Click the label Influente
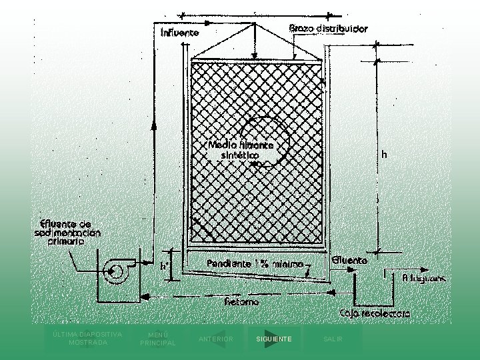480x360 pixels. click(x=180, y=32)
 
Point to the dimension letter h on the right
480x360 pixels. click(x=384, y=154)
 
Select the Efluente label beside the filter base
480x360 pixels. click(x=349, y=261)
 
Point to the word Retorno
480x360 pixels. click(x=241, y=301)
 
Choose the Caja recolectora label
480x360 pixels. click(x=375, y=312)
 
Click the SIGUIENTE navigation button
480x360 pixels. click(x=273, y=339)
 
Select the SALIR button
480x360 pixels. click(x=333, y=339)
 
